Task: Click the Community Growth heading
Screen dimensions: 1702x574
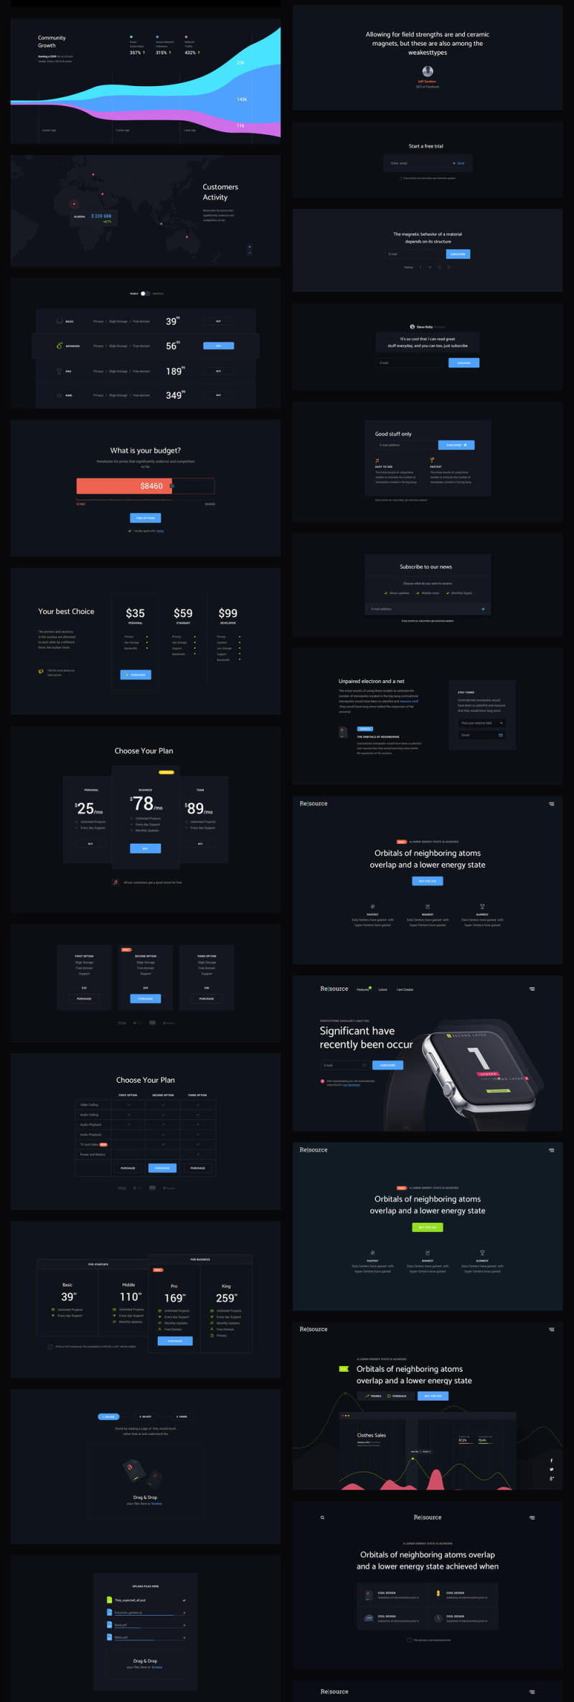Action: (52, 42)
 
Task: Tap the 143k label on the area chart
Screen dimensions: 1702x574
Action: (242, 99)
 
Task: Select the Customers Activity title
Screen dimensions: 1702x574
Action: (220, 192)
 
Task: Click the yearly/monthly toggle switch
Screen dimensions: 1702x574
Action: (146, 293)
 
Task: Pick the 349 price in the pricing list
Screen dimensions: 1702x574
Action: (174, 395)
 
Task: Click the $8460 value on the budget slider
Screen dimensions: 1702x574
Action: (151, 486)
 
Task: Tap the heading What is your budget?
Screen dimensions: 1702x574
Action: (145, 451)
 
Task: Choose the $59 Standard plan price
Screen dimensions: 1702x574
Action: (183, 613)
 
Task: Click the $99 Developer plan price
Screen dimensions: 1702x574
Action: (227, 613)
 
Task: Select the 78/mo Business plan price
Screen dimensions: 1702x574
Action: (145, 804)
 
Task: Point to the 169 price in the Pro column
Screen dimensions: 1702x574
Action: (174, 1298)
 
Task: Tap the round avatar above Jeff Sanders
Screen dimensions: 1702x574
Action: (428, 71)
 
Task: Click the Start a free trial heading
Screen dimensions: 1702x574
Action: (426, 146)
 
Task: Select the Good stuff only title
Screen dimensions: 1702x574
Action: (393, 434)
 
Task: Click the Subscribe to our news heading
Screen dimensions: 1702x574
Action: (425, 567)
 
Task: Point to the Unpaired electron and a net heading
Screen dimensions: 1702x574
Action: (372, 681)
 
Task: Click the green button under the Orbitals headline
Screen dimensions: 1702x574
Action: (428, 1227)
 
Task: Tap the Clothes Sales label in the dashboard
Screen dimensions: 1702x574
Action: (372, 1435)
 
